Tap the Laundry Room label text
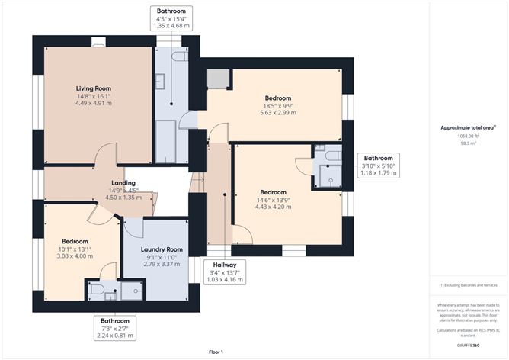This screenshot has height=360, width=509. tap(162, 249)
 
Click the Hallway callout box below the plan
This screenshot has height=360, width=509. tap(225, 272)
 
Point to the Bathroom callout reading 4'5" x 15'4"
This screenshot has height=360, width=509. tap(171, 19)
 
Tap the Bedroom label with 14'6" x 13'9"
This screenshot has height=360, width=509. tap(273, 192)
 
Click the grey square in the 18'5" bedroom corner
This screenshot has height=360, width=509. tap(218, 79)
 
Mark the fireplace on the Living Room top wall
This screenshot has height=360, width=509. tap(98, 43)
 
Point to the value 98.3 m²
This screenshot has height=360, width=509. tap(463, 142)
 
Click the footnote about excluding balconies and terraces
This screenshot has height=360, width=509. tap(469, 285)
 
